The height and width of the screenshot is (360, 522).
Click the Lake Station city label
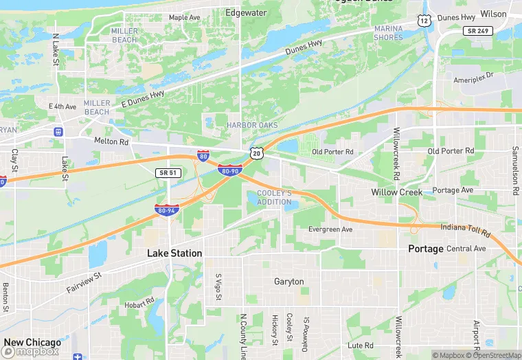[174, 253]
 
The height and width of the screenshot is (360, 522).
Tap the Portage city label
[426, 248]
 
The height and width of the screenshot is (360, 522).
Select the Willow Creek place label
[397, 192]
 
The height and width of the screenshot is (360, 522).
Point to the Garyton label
[288, 282]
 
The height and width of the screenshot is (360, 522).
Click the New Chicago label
[32, 342]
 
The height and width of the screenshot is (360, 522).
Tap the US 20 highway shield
[256, 153]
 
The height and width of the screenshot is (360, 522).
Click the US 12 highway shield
[425, 22]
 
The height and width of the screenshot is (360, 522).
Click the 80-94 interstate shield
[167, 210]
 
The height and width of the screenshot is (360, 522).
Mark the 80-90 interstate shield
[229, 170]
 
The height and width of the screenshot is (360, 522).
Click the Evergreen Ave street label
[330, 229]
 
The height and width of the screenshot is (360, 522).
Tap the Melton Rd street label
[111, 142]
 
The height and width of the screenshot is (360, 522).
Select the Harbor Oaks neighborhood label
[252, 125]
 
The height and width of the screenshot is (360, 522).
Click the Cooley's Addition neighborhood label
[274, 197]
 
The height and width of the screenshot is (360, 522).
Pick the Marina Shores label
[388, 32]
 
